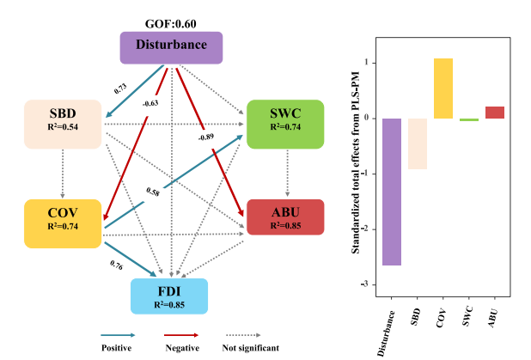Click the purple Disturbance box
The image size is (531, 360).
(170, 46)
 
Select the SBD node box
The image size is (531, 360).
(63, 120)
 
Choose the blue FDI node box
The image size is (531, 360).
(169, 296)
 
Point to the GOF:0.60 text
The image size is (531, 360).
(170, 24)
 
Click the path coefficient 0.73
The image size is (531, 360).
(120, 88)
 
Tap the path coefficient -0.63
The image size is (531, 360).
(151, 104)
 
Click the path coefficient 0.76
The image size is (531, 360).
(116, 265)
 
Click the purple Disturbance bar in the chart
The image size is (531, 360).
(392, 192)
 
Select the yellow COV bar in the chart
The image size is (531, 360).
(443, 88)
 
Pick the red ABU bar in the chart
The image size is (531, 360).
(494, 112)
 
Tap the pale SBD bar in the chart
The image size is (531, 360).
(417, 143)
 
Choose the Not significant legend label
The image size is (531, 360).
(250, 348)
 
